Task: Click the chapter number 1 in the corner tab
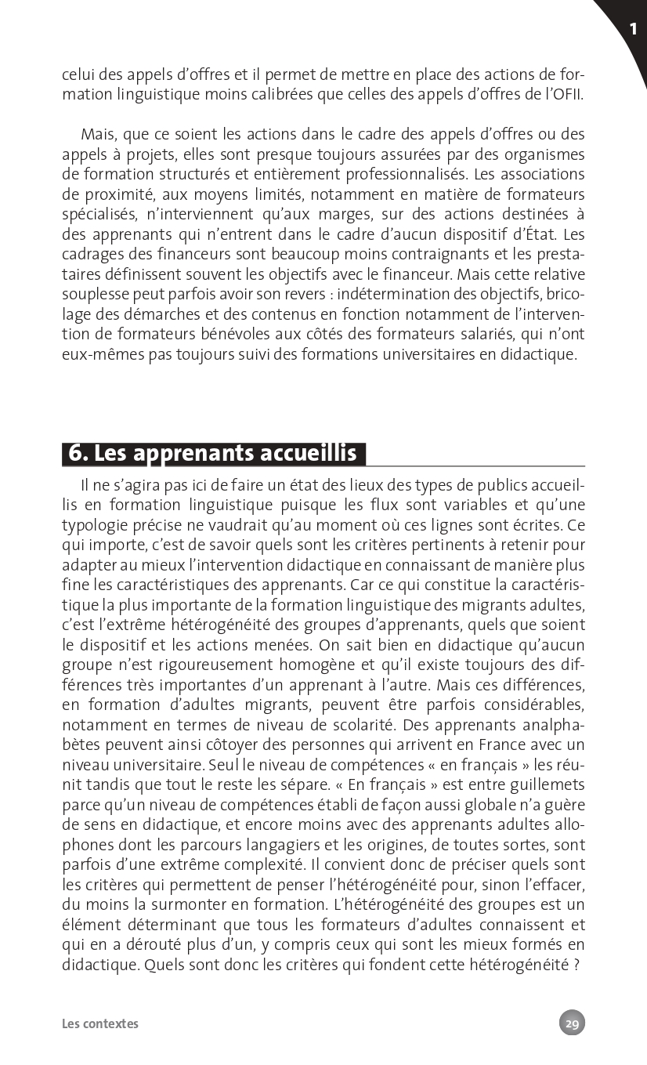(632, 30)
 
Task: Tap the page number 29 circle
(572, 1023)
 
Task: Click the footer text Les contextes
(100, 1023)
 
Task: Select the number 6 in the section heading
(77, 453)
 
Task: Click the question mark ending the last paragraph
(576, 965)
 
